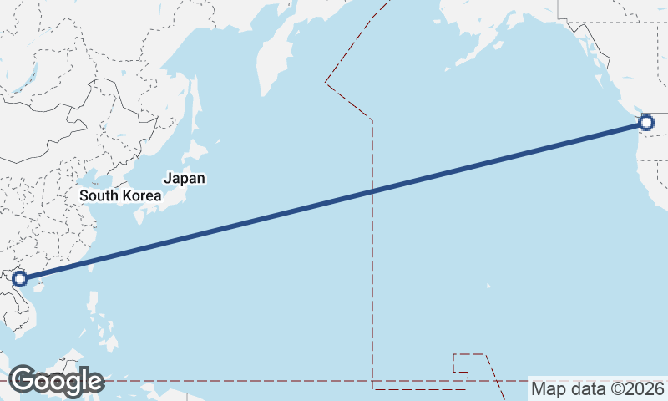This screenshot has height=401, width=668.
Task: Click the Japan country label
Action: (185, 178)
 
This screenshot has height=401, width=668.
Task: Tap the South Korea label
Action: (120, 195)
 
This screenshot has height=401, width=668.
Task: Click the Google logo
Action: (56, 381)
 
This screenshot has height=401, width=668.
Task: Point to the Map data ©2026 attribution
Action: (598, 388)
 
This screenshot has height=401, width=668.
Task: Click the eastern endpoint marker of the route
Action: (645, 124)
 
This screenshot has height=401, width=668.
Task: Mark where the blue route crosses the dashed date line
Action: (372, 191)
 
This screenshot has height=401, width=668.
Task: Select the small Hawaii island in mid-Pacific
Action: (489, 287)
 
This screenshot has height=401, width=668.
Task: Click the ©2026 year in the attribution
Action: (638, 388)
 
